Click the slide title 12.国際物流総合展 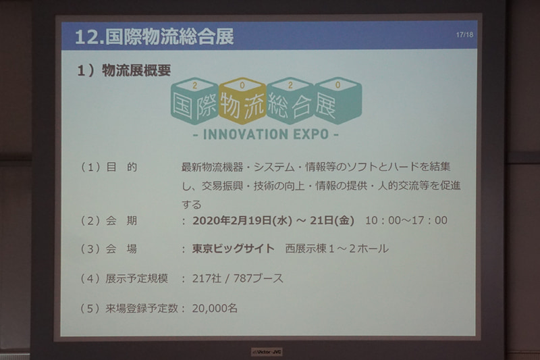155,36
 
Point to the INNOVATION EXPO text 265,134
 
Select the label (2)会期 108,220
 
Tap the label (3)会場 108,249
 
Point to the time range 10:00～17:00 406,220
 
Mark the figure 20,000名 215,308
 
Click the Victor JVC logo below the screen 267,351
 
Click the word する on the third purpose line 192,203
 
